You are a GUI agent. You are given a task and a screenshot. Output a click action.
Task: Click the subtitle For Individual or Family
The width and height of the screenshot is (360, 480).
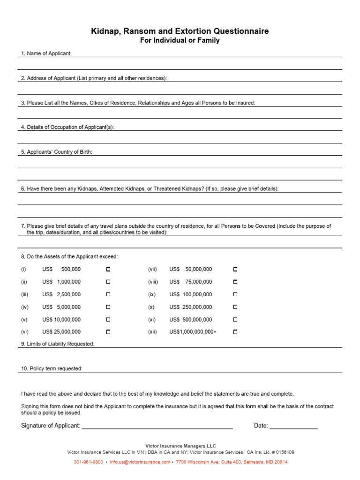[180, 41]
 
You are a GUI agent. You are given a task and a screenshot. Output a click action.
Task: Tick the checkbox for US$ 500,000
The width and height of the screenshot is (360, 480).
[108, 270]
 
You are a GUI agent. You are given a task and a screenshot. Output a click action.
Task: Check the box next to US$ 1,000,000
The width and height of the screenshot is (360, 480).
[108, 282]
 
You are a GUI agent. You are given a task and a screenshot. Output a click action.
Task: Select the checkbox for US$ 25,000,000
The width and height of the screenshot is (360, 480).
[108, 332]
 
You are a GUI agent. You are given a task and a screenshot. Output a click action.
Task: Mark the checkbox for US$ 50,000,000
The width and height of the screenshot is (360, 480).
[235, 270]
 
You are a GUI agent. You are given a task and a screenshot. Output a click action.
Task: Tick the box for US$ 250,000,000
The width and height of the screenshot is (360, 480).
[235, 307]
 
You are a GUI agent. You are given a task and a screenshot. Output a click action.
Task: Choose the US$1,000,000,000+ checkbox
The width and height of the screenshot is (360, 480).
[235, 332]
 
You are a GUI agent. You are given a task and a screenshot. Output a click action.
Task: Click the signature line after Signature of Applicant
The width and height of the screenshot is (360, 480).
[157, 427]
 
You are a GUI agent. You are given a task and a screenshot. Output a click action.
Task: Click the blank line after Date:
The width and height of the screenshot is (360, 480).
[293, 427]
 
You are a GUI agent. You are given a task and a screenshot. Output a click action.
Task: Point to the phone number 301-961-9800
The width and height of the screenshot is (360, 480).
[88, 462]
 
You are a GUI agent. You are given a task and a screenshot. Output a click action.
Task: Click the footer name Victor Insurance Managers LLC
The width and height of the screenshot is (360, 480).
[180, 446]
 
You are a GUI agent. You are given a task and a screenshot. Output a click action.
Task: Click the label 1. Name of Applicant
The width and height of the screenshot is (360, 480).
[46, 53]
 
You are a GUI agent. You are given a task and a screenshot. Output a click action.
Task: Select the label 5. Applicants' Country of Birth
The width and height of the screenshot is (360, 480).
[56, 152]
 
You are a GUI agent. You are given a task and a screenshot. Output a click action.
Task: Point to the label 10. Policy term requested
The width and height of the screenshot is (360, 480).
[52, 368]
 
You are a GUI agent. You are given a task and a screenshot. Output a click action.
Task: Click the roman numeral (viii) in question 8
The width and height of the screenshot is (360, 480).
[153, 282]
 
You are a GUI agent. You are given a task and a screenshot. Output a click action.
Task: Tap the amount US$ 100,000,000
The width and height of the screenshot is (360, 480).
[191, 294]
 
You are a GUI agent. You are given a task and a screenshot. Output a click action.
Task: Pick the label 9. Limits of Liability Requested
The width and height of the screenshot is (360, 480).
[58, 344]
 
